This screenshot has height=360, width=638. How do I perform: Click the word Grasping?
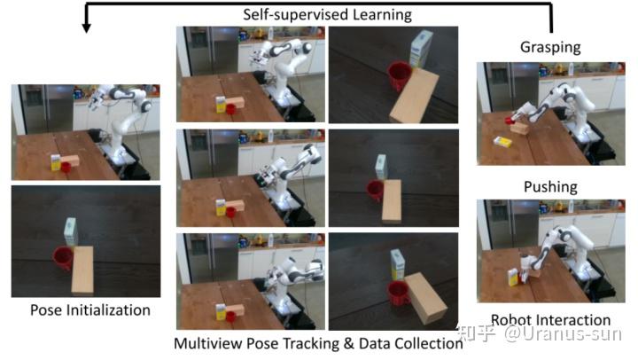[550, 47]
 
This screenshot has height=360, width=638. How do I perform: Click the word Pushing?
[550, 187]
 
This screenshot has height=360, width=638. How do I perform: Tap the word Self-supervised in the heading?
[295, 15]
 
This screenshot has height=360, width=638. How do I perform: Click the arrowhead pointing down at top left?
[86, 27]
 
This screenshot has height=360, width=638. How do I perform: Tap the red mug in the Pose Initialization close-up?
[63, 258]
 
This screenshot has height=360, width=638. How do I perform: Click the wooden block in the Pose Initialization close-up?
[82, 270]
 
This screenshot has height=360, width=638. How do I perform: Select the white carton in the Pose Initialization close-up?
[70, 231]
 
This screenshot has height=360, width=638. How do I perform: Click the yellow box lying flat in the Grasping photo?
[502, 141]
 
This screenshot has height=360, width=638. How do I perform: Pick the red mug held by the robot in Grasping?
[509, 120]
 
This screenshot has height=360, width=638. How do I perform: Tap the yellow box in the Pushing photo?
[513, 277]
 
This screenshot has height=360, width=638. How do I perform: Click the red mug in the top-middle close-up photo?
[399, 75]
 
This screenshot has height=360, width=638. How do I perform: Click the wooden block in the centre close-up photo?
[392, 201]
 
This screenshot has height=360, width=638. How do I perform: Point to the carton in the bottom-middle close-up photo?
[398, 265]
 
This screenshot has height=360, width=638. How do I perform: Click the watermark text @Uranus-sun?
[564, 334]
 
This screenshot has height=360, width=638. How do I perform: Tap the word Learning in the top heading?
[382, 15]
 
